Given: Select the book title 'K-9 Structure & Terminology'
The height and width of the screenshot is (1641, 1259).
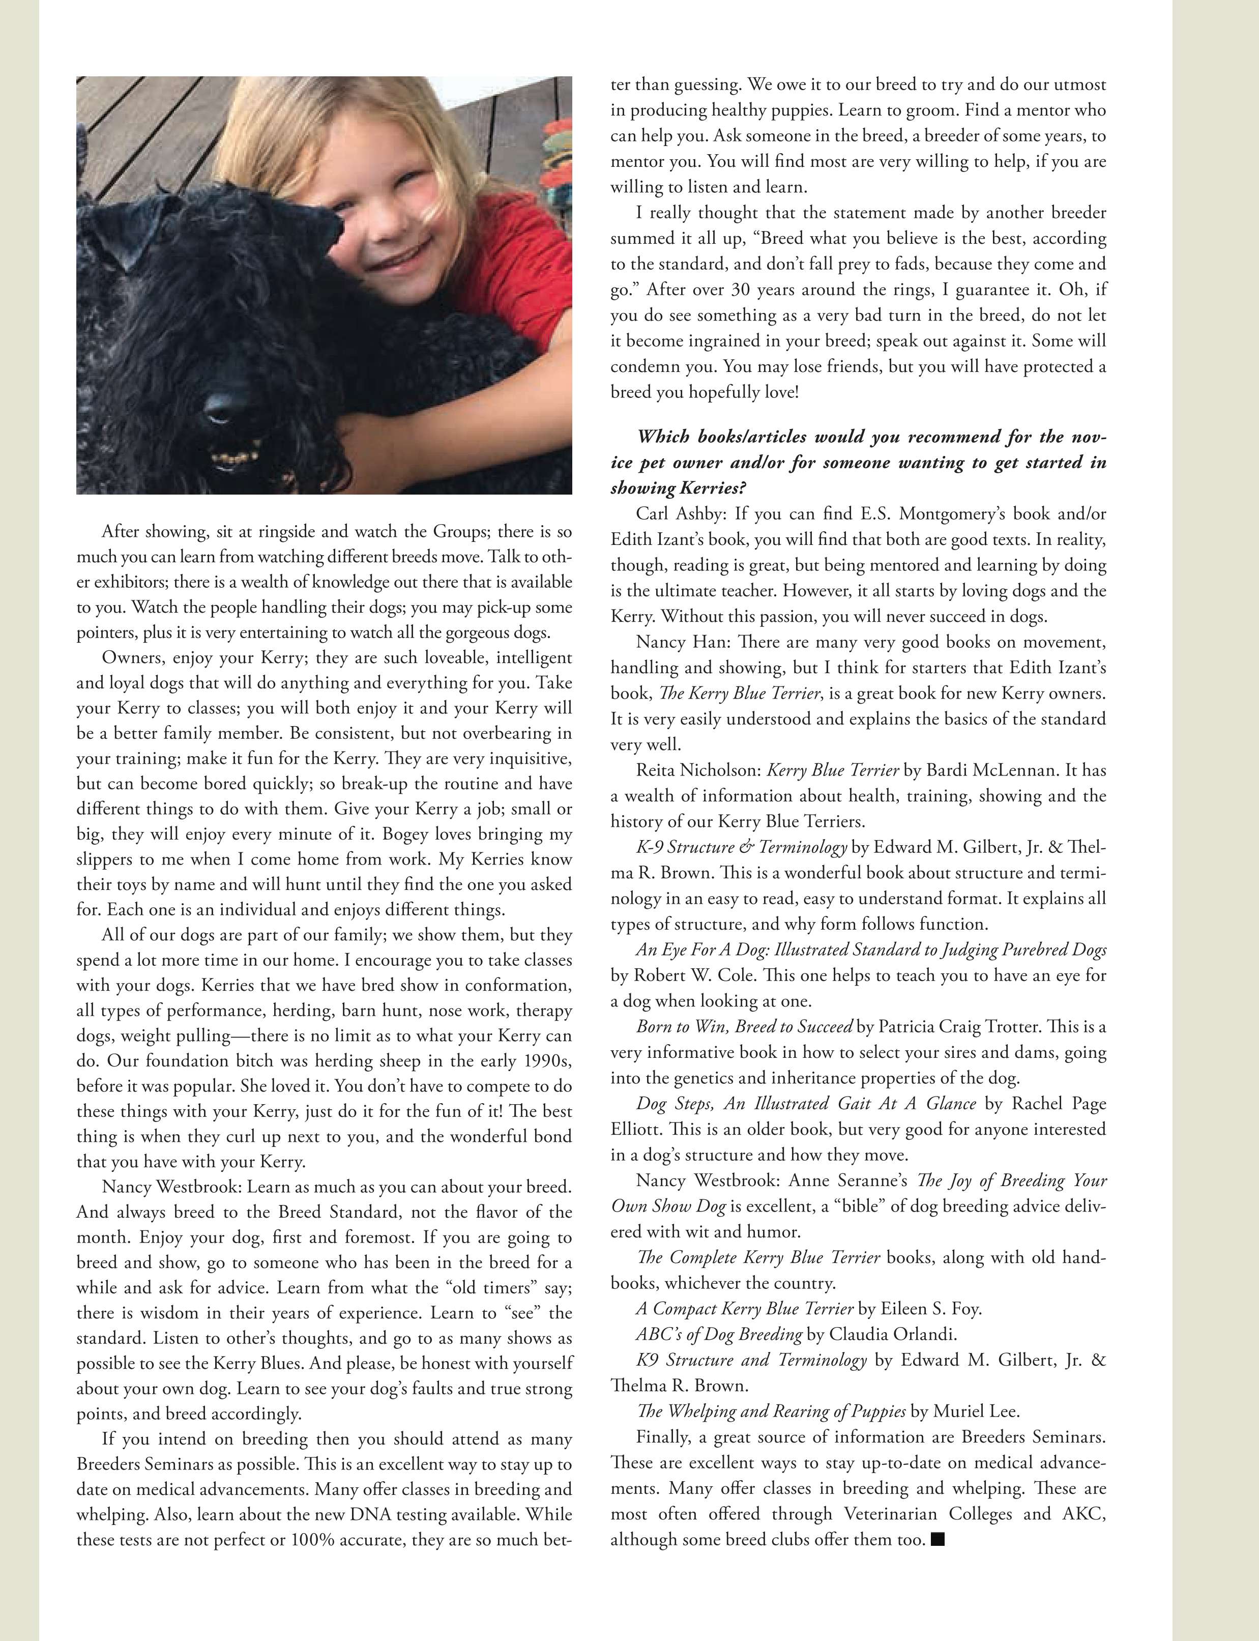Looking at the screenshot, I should (x=741, y=847).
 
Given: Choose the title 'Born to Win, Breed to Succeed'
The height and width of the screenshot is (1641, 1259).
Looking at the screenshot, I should (x=744, y=1026).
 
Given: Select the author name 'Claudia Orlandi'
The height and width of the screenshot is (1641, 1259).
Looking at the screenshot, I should (x=893, y=1334).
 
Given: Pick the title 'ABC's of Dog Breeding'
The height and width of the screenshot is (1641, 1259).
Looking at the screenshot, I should (x=719, y=1334).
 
